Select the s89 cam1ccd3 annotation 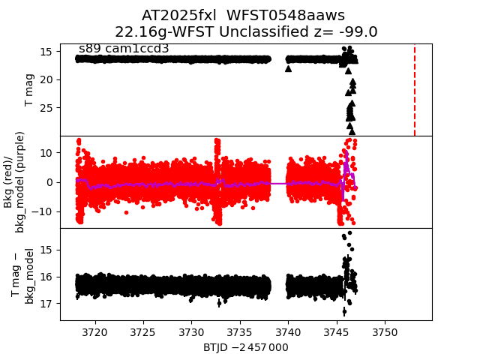tap(124, 49)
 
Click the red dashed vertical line tap(415, 90)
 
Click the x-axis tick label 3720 tap(94, 331)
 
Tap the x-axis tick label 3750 tap(385, 331)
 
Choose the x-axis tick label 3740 tap(288, 331)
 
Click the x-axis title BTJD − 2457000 tap(245, 347)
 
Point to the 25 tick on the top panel tap(45, 107)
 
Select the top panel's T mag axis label tap(30, 90)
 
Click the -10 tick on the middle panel tap(42, 211)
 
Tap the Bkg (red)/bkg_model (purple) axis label tap(15, 181)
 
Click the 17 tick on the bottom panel tap(45, 304)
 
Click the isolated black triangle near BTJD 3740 tap(288, 68)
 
